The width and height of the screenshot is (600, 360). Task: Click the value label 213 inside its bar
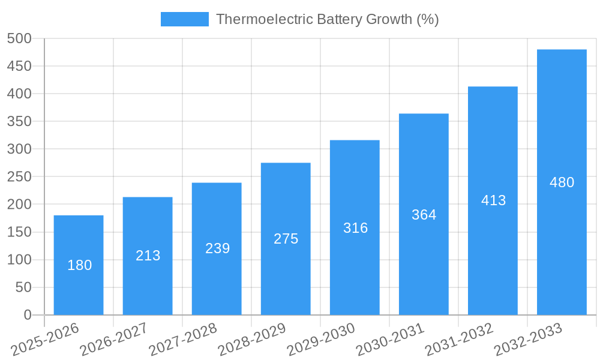pyautogui.click(x=148, y=256)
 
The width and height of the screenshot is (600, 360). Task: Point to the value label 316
pyautogui.click(x=355, y=228)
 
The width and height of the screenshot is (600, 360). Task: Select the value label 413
pyautogui.click(x=493, y=200)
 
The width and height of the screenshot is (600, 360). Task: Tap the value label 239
pyautogui.click(x=217, y=248)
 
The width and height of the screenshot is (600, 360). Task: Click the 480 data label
pyautogui.click(x=562, y=182)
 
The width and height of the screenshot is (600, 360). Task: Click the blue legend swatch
pyautogui.click(x=184, y=19)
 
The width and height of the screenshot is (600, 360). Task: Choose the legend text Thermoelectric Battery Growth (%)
pyautogui.click(x=328, y=19)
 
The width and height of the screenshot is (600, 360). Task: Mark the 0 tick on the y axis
pyautogui.click(x=27, y=315)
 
